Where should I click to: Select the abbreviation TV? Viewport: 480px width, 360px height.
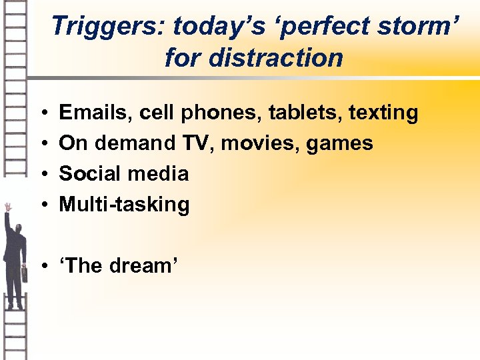tap(195, 143)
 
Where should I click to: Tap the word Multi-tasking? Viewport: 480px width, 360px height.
tap(125, 205)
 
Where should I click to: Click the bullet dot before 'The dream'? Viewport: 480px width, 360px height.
tap(42, 266)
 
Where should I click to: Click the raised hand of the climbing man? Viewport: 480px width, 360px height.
tap(7, 207)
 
